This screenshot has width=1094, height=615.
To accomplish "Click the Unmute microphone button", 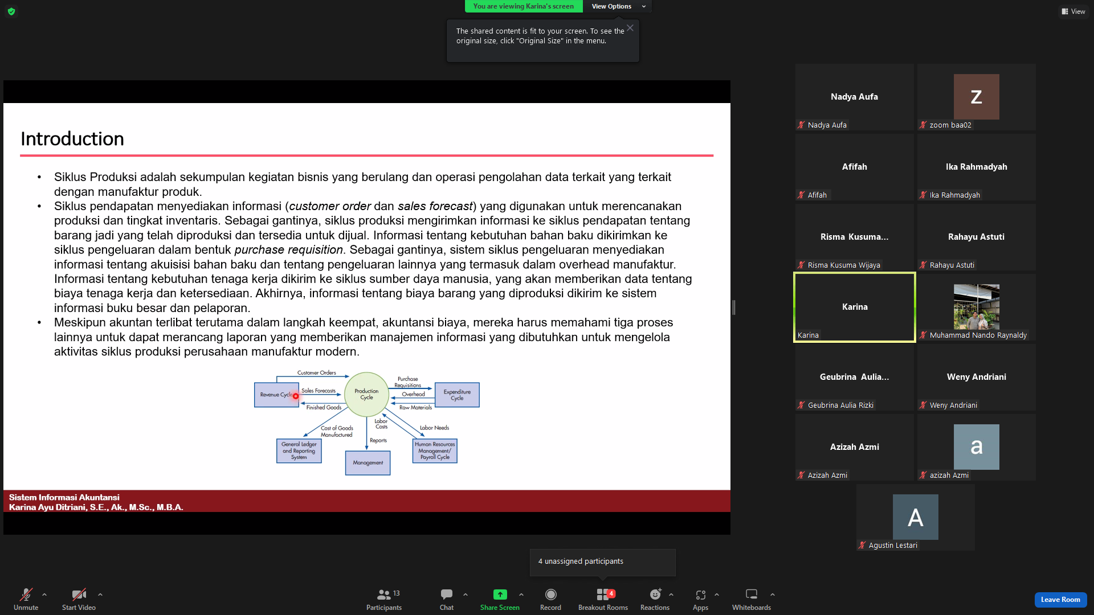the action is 26,598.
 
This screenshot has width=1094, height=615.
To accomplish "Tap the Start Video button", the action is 79,598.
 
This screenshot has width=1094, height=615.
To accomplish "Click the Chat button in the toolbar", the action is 447,598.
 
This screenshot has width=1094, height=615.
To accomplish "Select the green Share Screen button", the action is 500,598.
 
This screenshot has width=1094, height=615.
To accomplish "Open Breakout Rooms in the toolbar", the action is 603,598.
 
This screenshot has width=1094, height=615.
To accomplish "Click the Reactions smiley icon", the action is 655,594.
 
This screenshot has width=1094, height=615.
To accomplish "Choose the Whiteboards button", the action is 752,598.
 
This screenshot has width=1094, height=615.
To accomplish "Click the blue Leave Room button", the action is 1060,600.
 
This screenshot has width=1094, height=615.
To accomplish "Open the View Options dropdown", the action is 618,6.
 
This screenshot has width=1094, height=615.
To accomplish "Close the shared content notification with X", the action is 630,28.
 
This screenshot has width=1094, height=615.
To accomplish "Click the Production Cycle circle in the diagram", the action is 366,394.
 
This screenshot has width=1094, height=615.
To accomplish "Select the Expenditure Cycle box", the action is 457,395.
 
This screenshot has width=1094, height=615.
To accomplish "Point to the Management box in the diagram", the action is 368,463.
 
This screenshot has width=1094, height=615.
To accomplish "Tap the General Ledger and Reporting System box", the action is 299,451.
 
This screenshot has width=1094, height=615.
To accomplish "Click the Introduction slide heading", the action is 72,139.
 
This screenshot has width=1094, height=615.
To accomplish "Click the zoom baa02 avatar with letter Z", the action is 976,97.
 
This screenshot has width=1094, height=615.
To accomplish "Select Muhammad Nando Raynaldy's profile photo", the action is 976,307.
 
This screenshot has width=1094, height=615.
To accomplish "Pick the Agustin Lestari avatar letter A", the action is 915,517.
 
